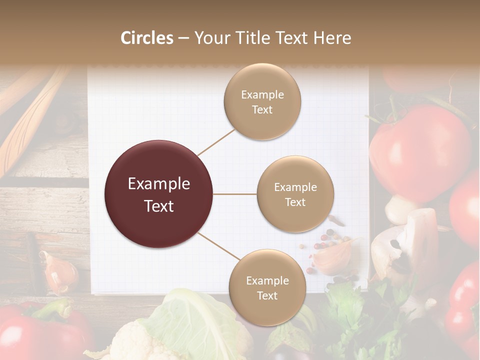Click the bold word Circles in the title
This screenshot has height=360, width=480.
(x=146, y=38)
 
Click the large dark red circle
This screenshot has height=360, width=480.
(x=159, y=194)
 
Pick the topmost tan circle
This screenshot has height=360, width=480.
(x=262, y=101)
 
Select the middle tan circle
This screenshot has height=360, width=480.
(x=295, y=194)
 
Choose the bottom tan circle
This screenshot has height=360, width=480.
(x=267, y=287)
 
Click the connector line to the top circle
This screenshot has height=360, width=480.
(x=216, y=142)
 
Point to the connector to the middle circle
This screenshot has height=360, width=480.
(x=235, y=194)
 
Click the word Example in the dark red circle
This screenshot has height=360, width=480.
(x=159, y=184)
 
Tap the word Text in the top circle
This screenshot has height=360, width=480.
(x=262, y=109)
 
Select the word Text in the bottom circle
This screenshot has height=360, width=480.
(x=267, y=295)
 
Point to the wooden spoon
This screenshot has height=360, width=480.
(x=30, y=120)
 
